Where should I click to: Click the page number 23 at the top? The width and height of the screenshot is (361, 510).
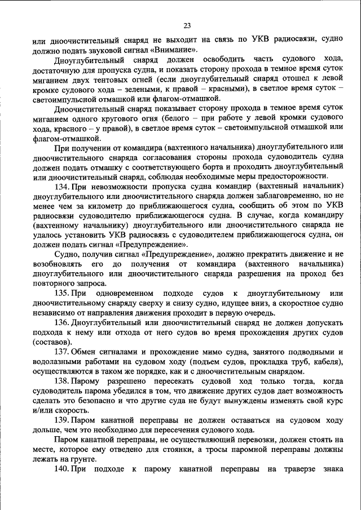coord(187,25)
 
